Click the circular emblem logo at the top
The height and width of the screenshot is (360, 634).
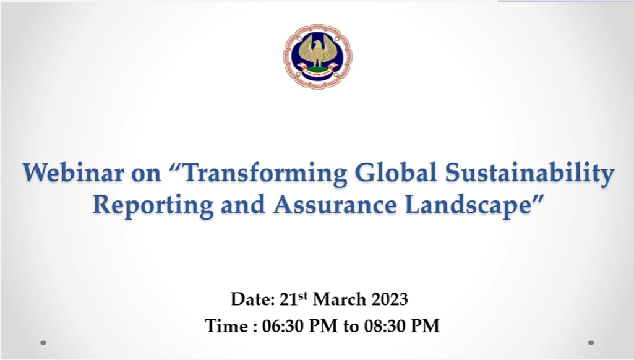click(x=317, y=56)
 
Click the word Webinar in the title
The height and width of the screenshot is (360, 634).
click(x=73, y=173)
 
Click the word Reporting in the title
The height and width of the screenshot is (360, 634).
click(x=153, y=205)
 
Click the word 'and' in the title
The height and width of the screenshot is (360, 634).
click(x=243, y=205)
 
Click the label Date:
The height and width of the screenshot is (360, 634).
click(x=253, y=299)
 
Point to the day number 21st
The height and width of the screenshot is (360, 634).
click(x=294, y=299)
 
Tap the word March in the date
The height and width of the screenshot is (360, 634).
click(x=340, y=299)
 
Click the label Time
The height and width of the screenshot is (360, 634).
click(x=226, y=325)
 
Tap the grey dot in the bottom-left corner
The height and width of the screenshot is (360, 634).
click(x=43, y=343)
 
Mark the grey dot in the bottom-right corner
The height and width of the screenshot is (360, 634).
click(x=591, y=343)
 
